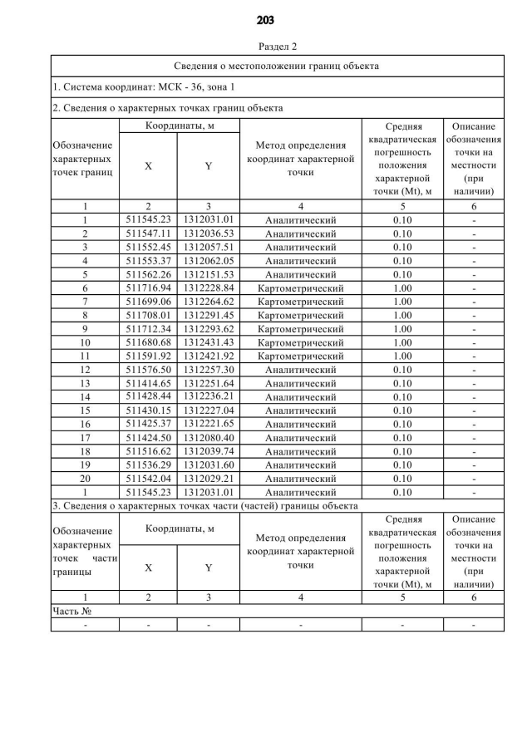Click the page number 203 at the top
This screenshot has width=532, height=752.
pyautogui.click(x=266, y=20)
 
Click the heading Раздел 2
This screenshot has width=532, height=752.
pyautogui.click(x=266, y=47)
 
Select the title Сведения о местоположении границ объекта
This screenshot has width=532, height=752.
pyautogui.click(x=277, y=66)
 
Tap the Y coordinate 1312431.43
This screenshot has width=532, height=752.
pyautogui.click(x=209, y=342)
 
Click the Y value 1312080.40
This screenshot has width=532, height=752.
pyautogui.click(x=209, y=438)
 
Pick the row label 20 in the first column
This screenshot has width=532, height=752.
pyautogui.click(x=85, y=479)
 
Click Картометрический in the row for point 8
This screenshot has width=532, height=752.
pyautogui.click(x=300, y=315)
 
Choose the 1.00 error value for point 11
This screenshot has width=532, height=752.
pyautogui.click(x=402, y=356)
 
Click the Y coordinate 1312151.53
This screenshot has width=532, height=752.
pyautogui.click(x=209, y=274)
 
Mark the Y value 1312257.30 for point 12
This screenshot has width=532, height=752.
pyautogui.click(x=209, y=370)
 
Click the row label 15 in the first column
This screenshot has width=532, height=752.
pyautogui.click(x=85, y=410)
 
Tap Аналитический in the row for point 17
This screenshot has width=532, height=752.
pyautogui.click(x=300, y=438)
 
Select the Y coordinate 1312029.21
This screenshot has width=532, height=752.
pyautogui.click(x=209, y=479)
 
